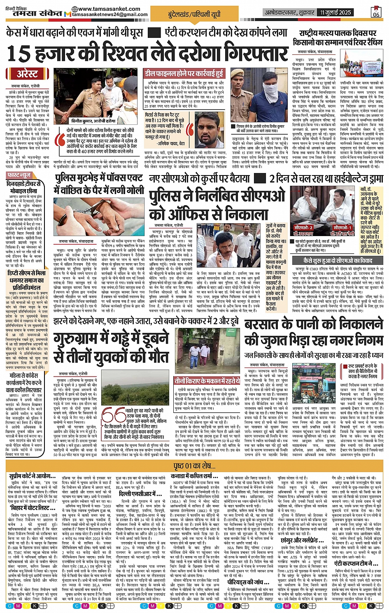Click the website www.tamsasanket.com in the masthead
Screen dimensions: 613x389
tap(108, 9)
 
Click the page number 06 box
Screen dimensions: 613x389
tap(376, 12)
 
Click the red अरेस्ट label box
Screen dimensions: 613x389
tap(27, 74)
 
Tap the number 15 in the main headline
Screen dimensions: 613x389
tap(19, 54)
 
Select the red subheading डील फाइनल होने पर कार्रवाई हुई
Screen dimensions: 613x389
tap(184, 74)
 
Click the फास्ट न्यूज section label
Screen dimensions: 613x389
tap(19, 175)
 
